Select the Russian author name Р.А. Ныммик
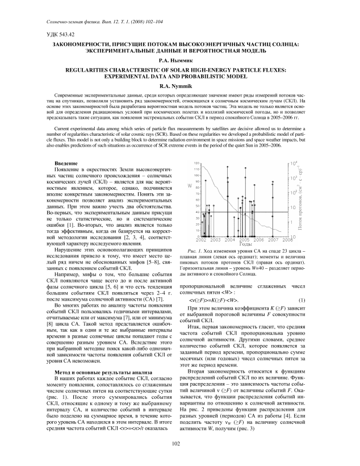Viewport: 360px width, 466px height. point(179,59)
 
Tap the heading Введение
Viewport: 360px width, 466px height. point(65,163)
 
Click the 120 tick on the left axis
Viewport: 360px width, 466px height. point(196,163)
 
